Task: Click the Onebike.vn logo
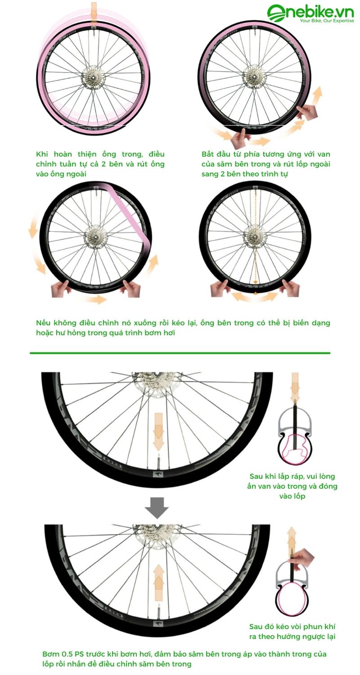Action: (x=310, y=14)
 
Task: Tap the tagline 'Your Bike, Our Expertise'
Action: (x=327, y=21)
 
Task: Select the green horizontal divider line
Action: (x=180, y=353)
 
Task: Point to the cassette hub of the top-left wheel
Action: (x=94, y=78)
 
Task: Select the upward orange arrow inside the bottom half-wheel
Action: (x=158, y=576)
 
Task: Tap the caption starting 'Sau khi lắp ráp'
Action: (x=292, y=486)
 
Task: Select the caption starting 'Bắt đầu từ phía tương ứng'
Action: (x=265, y=164)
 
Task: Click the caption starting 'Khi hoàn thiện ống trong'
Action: (x=100, y=164)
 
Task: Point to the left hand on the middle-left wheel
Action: (x=60, y=289)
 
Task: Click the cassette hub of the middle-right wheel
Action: (x=255, y=235)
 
